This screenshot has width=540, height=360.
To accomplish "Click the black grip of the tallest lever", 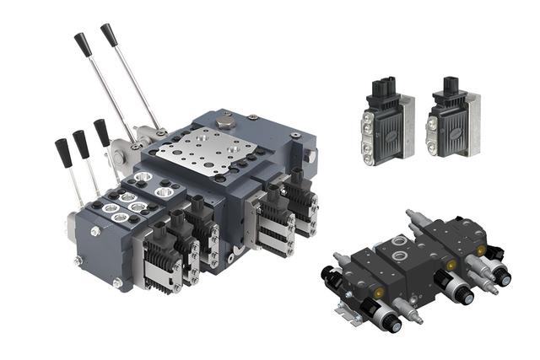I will pos(109,35).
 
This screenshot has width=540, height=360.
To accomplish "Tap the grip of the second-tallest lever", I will pos(83,44).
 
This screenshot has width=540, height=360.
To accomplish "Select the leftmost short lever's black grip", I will pos(62,151).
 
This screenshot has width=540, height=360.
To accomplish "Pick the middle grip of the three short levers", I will pos(81,142).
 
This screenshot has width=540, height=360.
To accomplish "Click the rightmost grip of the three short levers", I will pos(101,132).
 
